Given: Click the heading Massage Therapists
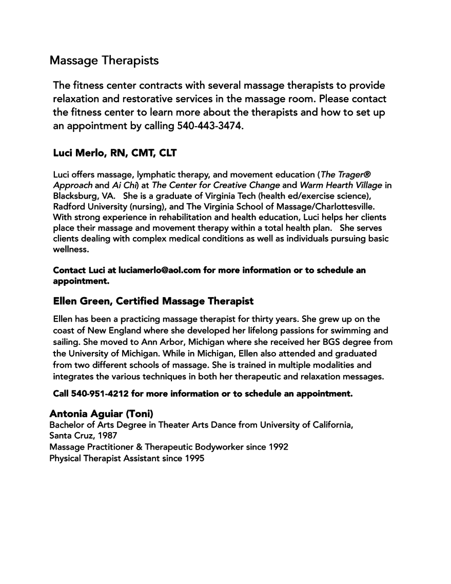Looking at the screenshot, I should click(104, 61).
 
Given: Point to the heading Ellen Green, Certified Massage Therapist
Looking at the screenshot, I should click(153, 301).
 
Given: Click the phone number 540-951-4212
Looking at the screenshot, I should click(101, 394).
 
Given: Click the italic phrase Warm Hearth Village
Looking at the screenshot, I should click(341, 185).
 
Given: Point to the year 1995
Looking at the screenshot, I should click(194, 458).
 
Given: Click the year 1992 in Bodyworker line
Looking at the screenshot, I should click(278, 447).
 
